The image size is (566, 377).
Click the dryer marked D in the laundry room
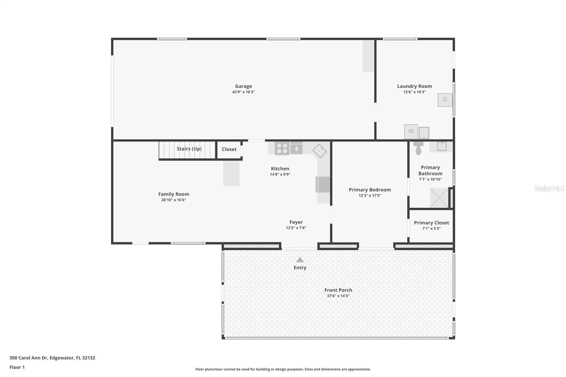[445, 100]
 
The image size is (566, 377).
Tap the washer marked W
[411, 132]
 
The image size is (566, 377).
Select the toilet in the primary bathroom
[418, 148]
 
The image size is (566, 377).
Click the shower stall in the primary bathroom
[439, 198]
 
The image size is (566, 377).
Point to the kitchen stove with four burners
[282, 149]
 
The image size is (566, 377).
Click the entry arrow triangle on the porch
[300, 260]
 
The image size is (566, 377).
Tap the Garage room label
[243, 86]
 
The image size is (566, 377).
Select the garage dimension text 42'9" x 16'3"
[243, 92]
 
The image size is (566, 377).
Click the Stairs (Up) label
[189, 149]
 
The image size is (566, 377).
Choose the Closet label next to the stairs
[229, 149]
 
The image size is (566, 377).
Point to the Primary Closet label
[431, 222]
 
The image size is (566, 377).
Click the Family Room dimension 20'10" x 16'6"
[174, 200]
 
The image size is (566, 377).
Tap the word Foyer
[296, 222]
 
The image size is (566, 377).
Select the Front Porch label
[338, 290]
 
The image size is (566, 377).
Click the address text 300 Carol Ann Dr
[29, 358]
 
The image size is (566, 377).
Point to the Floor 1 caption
[17, 367]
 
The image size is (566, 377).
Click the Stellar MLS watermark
[549, 188]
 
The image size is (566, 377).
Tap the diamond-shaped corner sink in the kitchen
[320, 151]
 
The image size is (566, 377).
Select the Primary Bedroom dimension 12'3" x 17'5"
[370, 196]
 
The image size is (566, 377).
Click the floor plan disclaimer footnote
[283, 369]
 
